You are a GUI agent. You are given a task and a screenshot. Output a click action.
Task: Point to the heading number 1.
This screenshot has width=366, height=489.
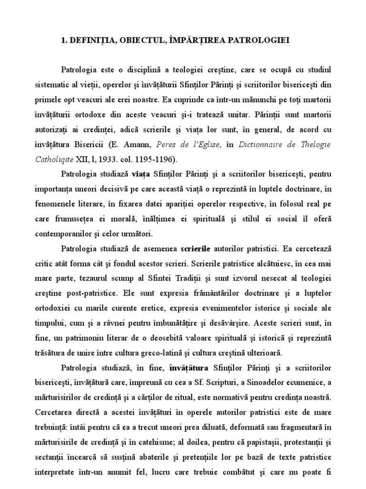(x=64, y=41)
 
